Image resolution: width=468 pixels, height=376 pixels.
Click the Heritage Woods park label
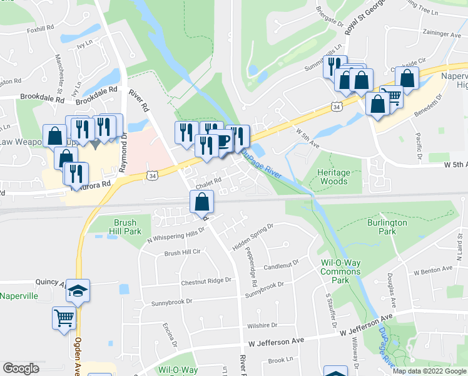pos(332,177)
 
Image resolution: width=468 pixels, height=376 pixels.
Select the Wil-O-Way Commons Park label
pos(340,272)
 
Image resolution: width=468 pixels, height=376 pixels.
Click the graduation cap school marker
pos(78,291)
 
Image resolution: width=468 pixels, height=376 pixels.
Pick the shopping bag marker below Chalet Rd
pos(202,202)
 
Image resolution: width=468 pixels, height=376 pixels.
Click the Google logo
pos(21,368)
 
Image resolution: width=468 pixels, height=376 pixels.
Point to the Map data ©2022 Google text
pos(429,371)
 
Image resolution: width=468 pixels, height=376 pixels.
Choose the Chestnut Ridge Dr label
pos(206,282)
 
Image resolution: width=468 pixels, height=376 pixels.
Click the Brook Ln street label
pos(280,360)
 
